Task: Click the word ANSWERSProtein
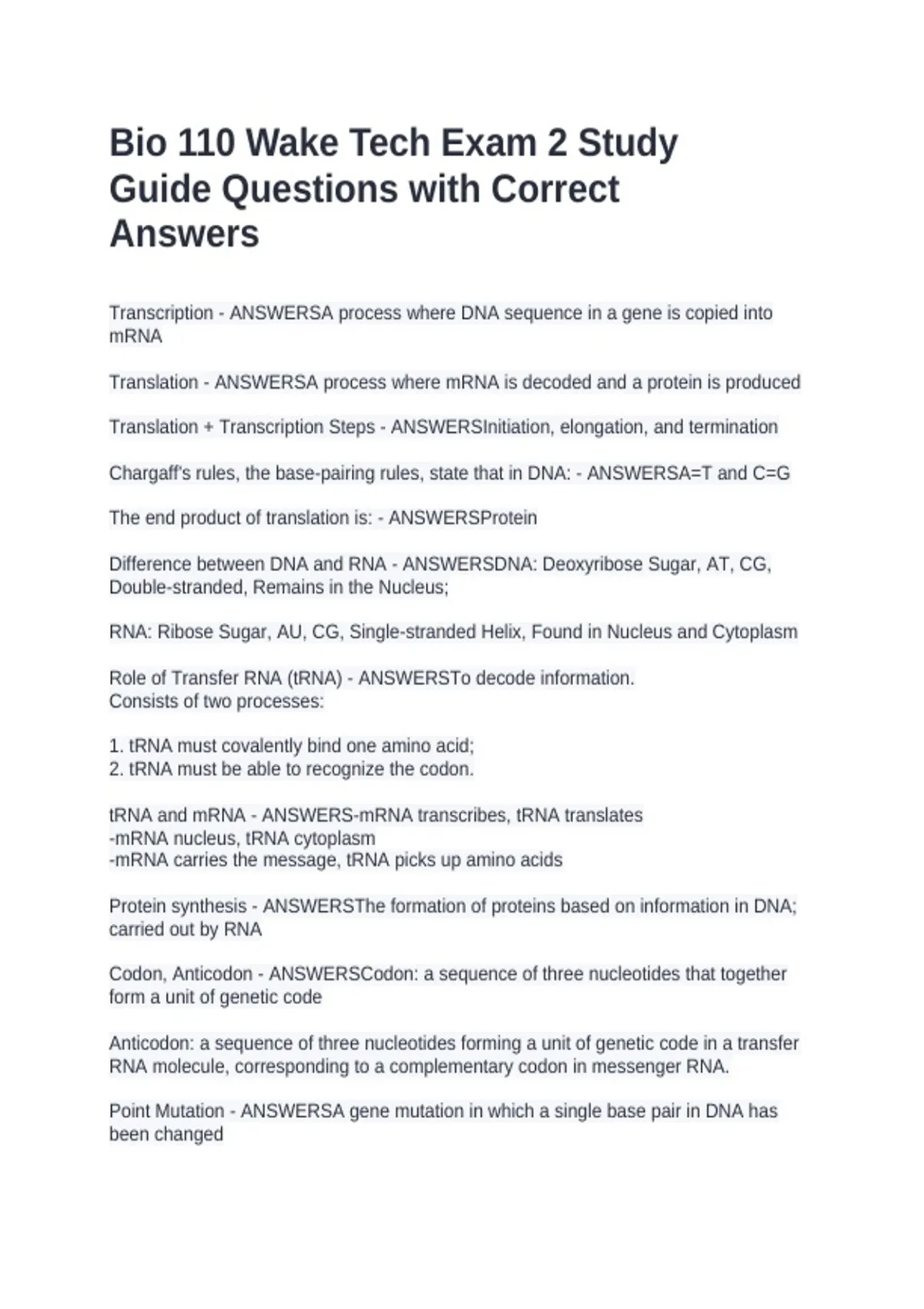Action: (x=462, y=517)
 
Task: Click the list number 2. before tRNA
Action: (x=116, y=768)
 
